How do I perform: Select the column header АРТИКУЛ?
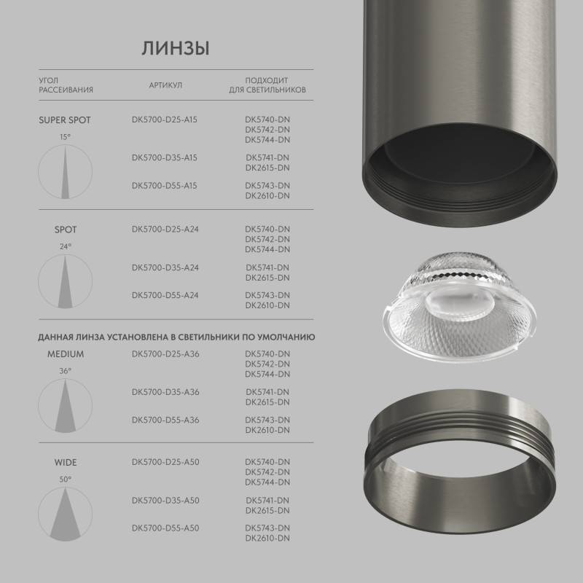[x=165, y=85]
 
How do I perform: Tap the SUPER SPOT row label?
[x=65, y=120]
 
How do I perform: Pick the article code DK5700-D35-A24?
[x=165, y=267]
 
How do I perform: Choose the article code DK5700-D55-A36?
[x=165, y=420]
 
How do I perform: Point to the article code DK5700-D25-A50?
[x=165, y=462]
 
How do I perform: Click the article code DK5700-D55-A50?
[x=165, y=528]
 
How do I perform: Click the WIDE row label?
[x=66, y=462]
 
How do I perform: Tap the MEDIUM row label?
[x=66, y=354]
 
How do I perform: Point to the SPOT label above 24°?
[x=66, y=230]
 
